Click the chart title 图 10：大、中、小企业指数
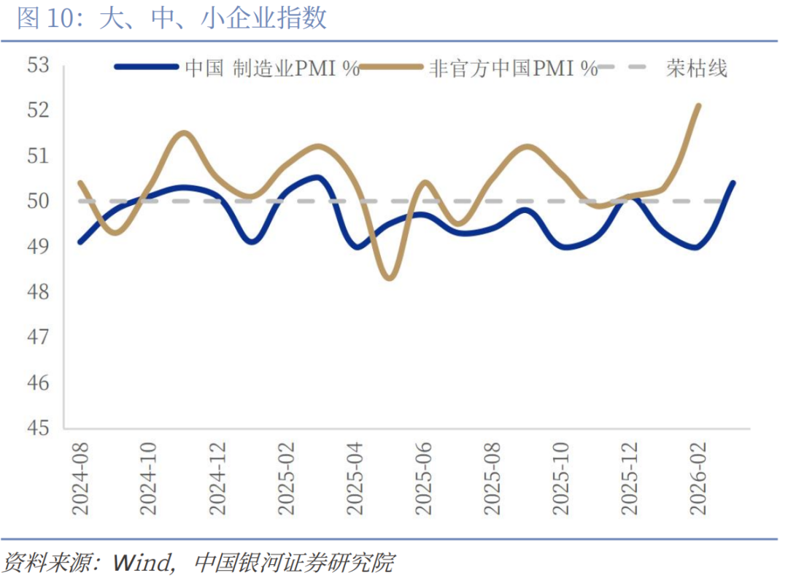[172, 19]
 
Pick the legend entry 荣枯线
[696, 69]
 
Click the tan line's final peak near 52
[699, 106]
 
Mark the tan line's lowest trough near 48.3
[390, 278]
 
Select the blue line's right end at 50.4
[733, 183]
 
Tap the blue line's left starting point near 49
[80, 242]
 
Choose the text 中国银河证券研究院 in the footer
[294, 563]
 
